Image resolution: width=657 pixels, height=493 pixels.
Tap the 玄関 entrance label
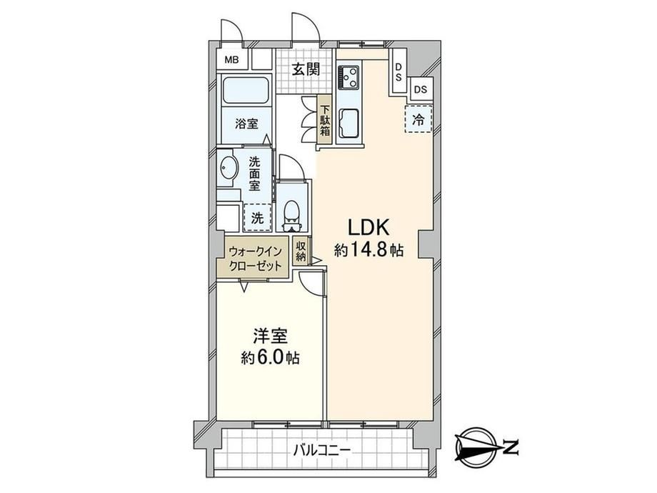[306, 69]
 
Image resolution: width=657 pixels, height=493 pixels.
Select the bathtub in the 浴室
[246, 90]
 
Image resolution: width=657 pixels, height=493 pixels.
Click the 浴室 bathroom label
[246, 124]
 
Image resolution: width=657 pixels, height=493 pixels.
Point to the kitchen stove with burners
[348, 76]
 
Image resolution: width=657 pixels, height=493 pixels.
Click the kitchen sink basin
[348, 123]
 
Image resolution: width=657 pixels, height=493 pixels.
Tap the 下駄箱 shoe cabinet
[325, 120]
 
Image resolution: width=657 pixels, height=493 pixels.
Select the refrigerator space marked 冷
[418, 119]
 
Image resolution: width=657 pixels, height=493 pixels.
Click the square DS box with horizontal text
[421, 90]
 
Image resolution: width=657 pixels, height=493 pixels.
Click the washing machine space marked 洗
[257, 217]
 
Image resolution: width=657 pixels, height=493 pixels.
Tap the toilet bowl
[292, 211]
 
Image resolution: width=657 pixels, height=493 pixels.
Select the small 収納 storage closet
[301, 252]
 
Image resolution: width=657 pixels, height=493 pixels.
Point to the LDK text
[368, 228]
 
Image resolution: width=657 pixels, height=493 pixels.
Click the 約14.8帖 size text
[368, 250]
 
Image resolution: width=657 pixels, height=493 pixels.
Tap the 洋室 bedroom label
[270, 337]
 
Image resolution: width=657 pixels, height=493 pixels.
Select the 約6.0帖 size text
[270, 357]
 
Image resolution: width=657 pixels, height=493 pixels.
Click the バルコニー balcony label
[321, 451]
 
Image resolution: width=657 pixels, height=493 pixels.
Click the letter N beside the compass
[511, 448]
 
